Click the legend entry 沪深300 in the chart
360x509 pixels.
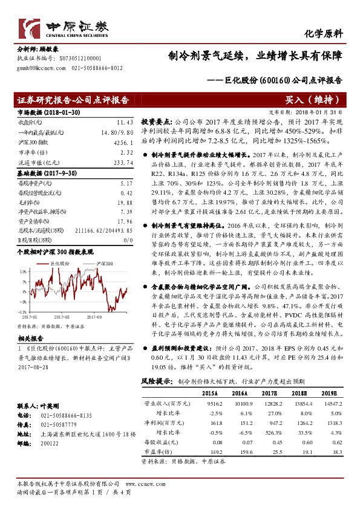(x=107, y=247)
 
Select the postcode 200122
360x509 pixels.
(x=42, y=442)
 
